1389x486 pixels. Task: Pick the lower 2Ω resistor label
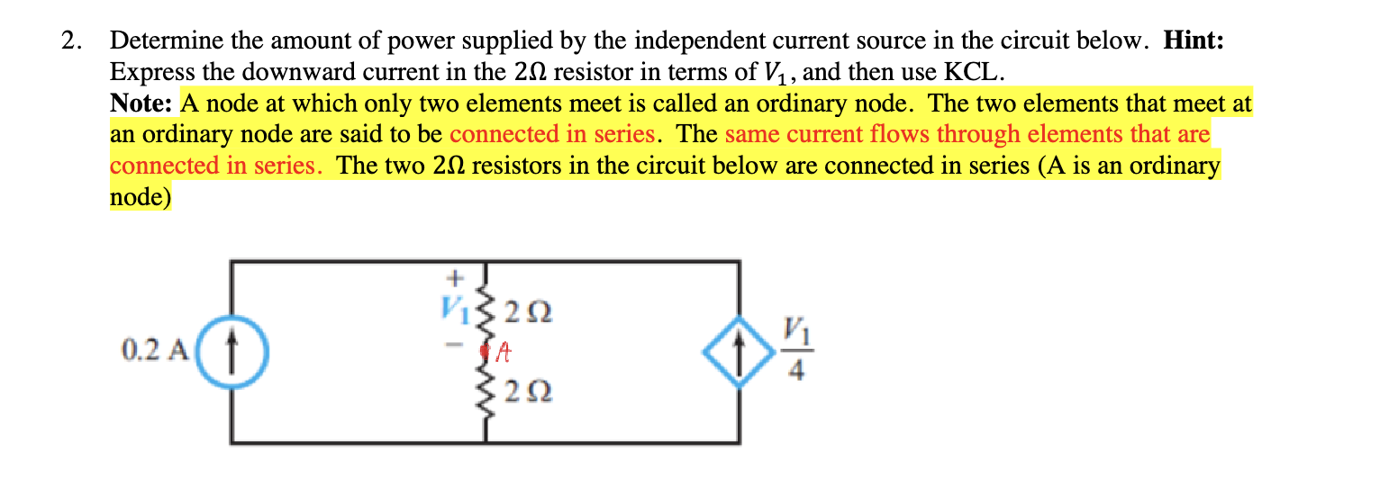click(x=529, y=392)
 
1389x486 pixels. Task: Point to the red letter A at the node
click(x=506, y=353)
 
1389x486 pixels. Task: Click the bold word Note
click(x=143, y=103)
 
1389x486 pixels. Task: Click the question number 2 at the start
click(x=70, y=41)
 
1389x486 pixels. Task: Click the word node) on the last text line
click(x=140, y=197)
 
